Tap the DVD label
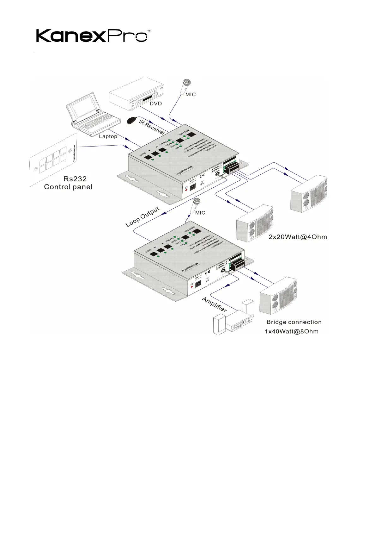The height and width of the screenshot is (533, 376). coord(156,103)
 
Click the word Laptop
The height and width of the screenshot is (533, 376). coord(108,136)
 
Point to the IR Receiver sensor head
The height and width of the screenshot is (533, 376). coord(131,121)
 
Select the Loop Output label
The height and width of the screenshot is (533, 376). coord(143,217)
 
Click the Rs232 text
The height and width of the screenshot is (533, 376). coord(75,179)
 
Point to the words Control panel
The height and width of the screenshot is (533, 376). coord(68,187)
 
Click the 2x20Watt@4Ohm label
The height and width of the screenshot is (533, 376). coord(298,237)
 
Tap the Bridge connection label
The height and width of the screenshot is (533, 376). coord(294,322)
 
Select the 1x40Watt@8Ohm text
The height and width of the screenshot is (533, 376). coord(292,332)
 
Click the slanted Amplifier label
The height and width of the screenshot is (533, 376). coord(215,304)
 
